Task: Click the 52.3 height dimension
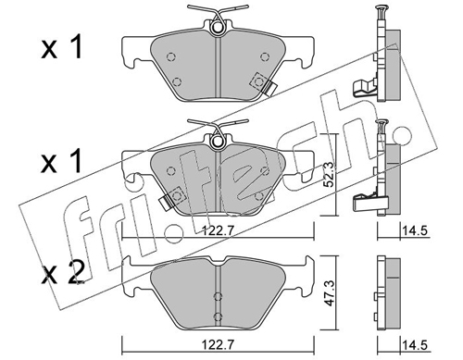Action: (x=330, y=174)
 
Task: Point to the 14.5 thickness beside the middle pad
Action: (x=414, y=230)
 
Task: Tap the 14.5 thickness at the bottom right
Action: (x=414, y=344)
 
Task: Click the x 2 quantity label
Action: (x=64, y=273)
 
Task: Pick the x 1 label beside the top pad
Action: (x=62, y=47)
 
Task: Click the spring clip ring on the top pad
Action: (x=218, y=28)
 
